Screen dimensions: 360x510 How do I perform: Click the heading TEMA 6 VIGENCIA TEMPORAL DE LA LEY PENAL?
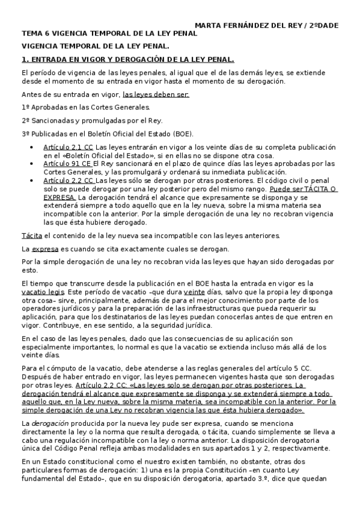[109, 34]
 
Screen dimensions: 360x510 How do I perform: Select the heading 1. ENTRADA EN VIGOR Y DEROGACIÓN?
[127, 60]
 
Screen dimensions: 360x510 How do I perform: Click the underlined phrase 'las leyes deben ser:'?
[156, 94]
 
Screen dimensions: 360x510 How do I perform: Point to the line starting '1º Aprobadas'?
[85, 107]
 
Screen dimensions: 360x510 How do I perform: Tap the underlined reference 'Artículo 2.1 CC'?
[68, 147]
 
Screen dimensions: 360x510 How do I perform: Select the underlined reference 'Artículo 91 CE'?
[67, 164]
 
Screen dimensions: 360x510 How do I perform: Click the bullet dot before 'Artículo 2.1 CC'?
[32, 147]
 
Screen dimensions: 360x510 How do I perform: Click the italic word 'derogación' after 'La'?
[49, 424]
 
